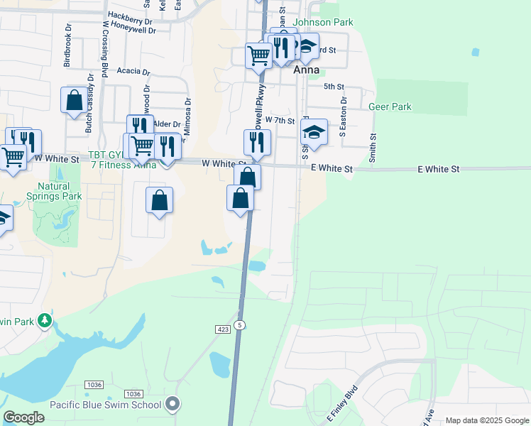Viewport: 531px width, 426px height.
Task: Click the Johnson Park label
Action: (323, 23)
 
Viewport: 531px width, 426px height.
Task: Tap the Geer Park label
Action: (390, 107)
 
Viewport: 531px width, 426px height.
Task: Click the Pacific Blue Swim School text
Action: (105, 405)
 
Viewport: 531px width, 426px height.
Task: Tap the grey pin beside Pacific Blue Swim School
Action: (172, 405)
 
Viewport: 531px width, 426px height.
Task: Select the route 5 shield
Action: (241, 324)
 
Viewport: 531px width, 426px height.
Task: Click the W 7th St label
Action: (280, 121)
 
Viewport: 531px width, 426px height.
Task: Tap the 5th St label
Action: (333, 87)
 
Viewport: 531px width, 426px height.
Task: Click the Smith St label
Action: (373, 146)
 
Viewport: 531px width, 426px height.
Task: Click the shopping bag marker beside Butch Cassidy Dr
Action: (74, 100)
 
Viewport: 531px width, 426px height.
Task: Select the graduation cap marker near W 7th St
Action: (314, 132)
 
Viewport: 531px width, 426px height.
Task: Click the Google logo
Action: (23, 417)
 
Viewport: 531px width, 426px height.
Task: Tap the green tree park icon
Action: (45, 321)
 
